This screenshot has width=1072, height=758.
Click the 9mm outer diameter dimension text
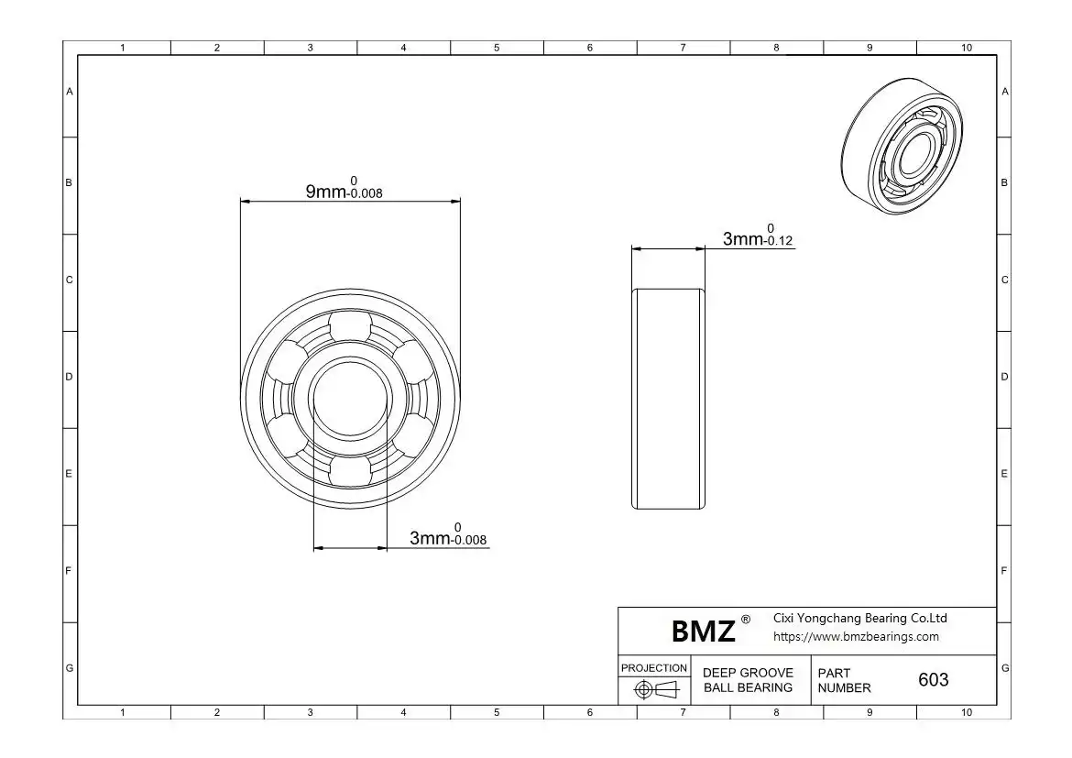click(344, 188)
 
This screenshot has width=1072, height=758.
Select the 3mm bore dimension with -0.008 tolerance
click(448, 534)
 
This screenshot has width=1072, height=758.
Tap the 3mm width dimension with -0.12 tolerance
click(758, 236)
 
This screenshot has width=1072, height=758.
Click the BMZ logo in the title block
click(704, 631)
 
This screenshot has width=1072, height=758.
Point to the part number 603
click(934, 679)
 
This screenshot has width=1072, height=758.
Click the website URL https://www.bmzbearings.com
click(856, 637)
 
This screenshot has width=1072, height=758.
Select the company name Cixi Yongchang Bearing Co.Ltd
click(860, 618)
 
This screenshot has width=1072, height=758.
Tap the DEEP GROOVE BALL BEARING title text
click(748, 680)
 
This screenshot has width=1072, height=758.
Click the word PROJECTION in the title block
click(654, 667)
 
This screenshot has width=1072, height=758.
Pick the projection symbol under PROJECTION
click(656, 689)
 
